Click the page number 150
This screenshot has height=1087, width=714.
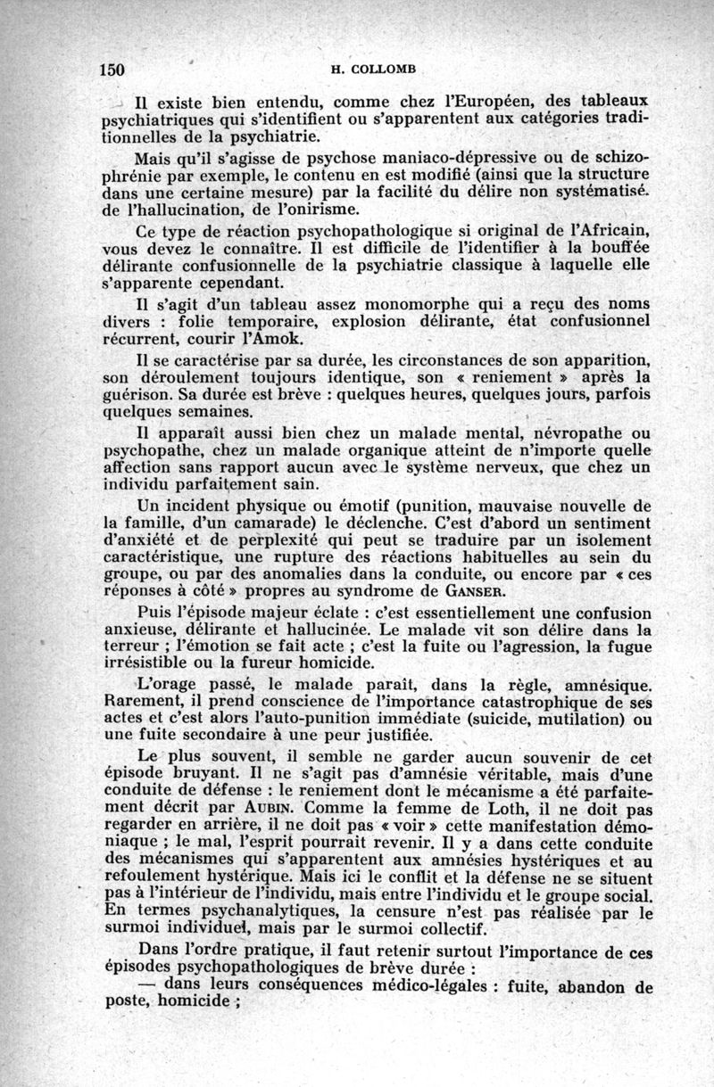pyautogui.click(x=112, y=70)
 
